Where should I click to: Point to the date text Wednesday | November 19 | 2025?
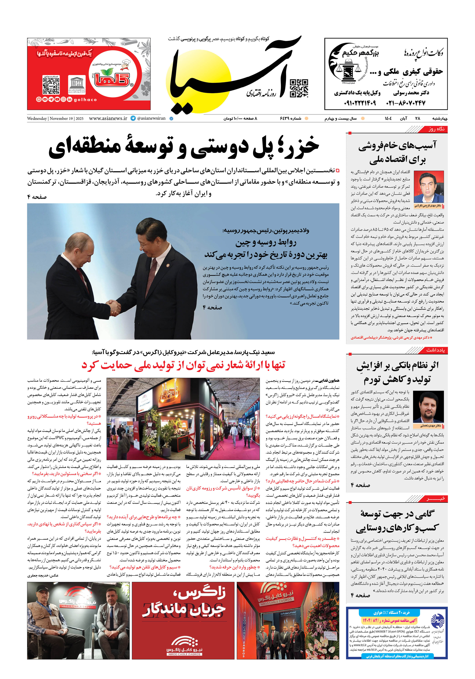pos(55,119)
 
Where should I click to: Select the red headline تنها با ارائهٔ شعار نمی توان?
pos(183,365)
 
